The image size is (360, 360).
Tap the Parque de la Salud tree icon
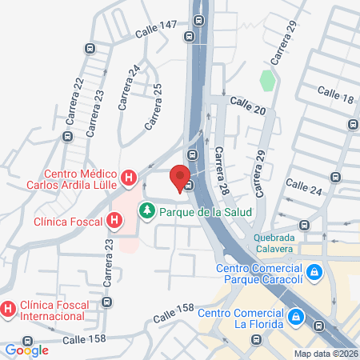(x=146, y=212)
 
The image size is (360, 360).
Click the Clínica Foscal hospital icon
(x=115, y=219)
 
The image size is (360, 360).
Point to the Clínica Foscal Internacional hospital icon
(x=8, y=307)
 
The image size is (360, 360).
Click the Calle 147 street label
(x=155, y=30)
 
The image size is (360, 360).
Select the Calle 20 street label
(x=247, y=104)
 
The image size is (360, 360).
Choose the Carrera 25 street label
(x=154, y=106)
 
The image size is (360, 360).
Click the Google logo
(x=26, y=350)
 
